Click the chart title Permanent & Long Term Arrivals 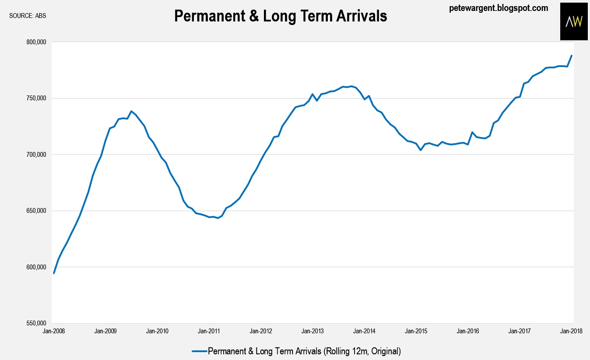tap(281, 16)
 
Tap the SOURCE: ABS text tap(28, 16)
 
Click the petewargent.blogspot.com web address tap(498, 8)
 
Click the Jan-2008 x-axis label tap(53, 332)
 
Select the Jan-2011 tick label tap(209, 332)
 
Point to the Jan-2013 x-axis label tap(313, 332)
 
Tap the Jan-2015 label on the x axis tap(417, 332)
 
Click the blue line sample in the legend tap(199, 351)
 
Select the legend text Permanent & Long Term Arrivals tap(304, 351)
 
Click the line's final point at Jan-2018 tap(572, 56)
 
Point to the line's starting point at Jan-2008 tap(54, 273)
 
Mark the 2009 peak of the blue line tap(131, 111)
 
